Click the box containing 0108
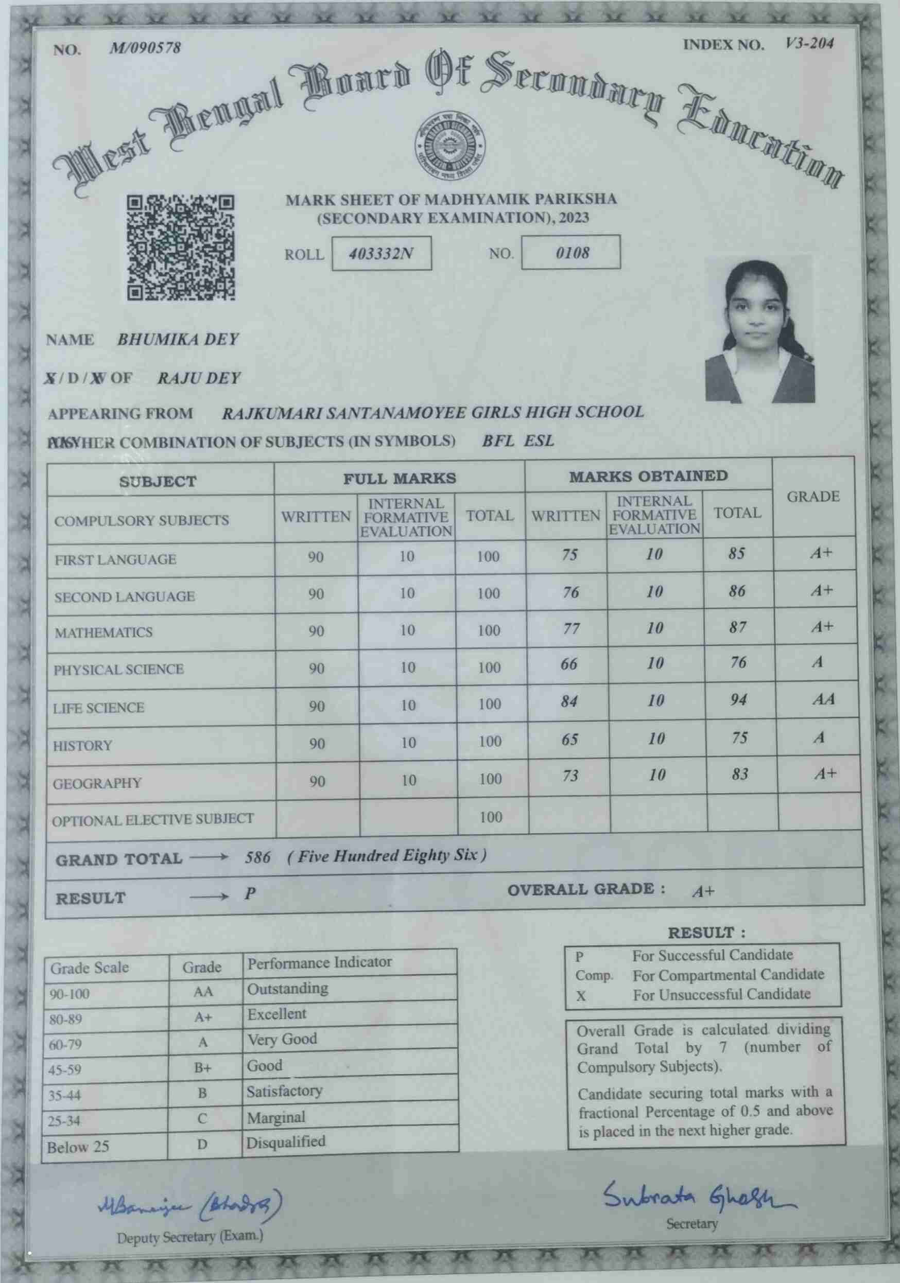[572, 253]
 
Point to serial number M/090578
[145, 48]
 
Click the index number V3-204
[809, 44]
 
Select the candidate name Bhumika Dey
[178, 339]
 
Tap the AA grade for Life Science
[823, 699]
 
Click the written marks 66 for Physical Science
[569, 664]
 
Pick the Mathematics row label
[103, 632]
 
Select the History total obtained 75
[739, 737]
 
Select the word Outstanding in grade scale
[288, 989]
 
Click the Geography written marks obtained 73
[570, 775]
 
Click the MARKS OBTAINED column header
[648, 476]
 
